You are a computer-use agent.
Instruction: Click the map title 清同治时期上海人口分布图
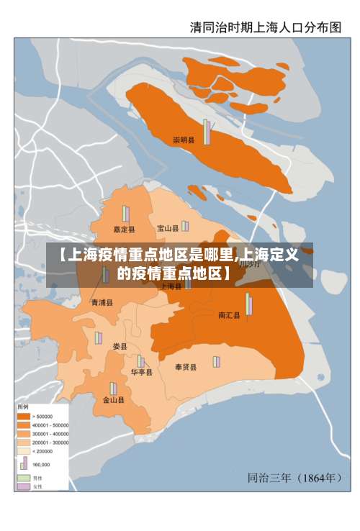coord(265,27)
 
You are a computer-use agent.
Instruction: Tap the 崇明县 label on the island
coord(184,140)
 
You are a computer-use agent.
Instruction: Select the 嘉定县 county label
coord(124,230)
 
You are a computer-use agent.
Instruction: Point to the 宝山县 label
coord(168,229)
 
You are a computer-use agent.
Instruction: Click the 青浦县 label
coord(102,303)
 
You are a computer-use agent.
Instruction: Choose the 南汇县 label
coord(229,315)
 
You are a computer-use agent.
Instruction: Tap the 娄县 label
coord(120,347)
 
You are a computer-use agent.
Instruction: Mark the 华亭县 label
coord(141,373)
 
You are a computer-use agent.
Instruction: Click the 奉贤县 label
coord(186,367)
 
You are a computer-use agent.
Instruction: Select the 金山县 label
coord(113,400)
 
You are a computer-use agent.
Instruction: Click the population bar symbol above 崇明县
coord(207,132)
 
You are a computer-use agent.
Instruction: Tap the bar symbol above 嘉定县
coord(125,214)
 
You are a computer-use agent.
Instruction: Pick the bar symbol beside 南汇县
coord(249,304)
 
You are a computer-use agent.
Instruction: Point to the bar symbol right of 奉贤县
coord(215,361)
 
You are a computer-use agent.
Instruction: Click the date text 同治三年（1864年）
coord(294,477)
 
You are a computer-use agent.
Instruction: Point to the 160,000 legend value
coord(42,465)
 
